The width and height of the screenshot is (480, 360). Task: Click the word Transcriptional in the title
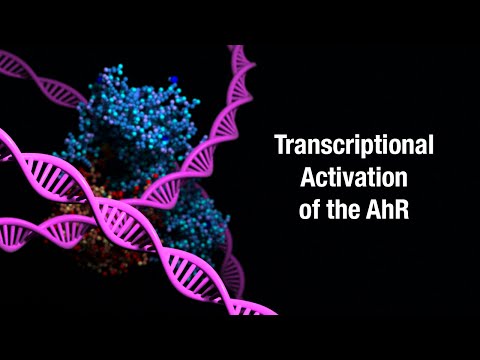click(354, 145)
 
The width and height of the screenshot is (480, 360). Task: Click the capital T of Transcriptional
click(281, 145)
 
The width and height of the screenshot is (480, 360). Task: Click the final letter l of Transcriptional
click(430, 145)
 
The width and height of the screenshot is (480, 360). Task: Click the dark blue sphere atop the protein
click(173, 78)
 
